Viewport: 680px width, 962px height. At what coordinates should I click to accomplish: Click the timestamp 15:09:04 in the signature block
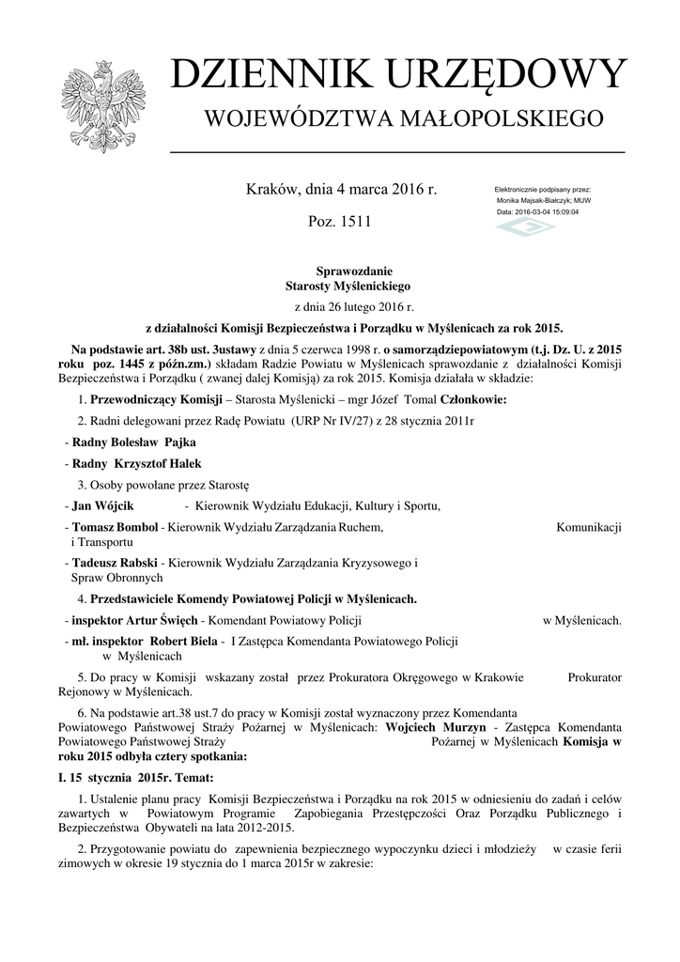560,212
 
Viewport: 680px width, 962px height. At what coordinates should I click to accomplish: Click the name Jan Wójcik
101,506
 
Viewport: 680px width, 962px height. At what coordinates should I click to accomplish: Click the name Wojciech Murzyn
436,727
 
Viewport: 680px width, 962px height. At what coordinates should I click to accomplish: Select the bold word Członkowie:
467,400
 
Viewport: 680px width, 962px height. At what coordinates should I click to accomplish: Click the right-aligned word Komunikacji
589,528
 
